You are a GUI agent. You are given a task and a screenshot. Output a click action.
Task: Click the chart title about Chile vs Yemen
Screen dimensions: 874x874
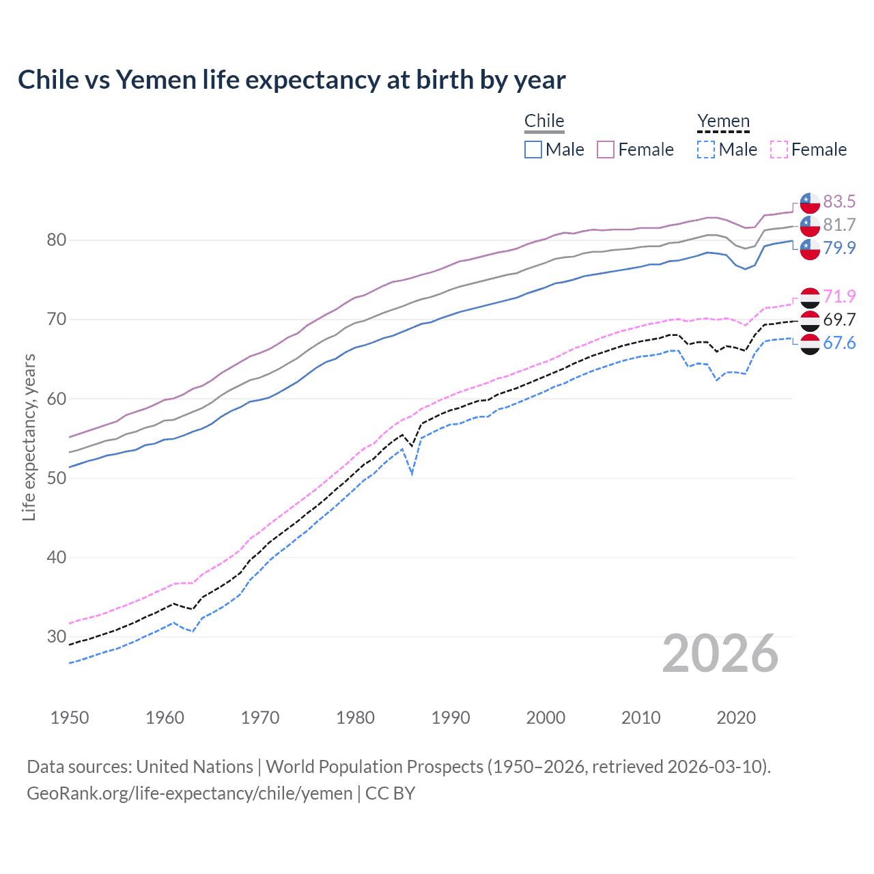point(292,80)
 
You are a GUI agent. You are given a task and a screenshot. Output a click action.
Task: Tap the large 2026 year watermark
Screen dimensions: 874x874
point(720,653)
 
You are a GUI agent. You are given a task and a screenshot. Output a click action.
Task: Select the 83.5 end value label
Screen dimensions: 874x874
point(839,201)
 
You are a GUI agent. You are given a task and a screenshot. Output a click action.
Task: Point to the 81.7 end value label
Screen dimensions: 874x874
point(839,225)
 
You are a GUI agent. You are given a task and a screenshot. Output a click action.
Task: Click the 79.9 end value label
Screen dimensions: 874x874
point(839,248)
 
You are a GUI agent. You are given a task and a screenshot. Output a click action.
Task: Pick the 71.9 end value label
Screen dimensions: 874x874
point(839,296)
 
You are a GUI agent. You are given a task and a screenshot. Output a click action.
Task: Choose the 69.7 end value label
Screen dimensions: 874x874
point(839,320)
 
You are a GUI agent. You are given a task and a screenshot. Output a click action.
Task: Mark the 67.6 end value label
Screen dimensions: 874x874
point(839,343)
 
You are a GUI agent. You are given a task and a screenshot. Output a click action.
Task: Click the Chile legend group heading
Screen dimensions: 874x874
point(544,121)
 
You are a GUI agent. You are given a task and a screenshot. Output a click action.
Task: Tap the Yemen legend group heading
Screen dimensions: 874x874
point(723,121)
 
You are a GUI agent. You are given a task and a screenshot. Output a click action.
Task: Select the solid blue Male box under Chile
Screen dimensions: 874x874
point(533,150)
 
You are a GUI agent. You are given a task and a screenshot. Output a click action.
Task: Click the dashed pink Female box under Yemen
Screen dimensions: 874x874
point(778,150)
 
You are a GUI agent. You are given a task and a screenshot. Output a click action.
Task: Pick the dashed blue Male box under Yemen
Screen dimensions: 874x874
point(706,150)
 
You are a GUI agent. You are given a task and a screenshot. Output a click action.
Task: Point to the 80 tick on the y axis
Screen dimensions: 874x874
point(57,240)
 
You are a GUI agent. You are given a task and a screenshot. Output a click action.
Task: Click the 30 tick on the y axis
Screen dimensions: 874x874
point(57,636)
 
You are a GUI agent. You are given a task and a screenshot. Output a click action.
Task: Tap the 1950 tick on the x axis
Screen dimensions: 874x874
point(70,718)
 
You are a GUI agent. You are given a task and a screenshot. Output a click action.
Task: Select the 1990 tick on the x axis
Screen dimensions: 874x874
point(451,718)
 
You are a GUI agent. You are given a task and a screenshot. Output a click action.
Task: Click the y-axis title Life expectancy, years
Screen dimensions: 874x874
point(29,438)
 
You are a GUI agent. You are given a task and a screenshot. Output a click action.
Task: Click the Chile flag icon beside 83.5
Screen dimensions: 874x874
point(810,203)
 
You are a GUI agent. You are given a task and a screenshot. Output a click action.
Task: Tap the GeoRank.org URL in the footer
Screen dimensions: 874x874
point(189,793)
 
